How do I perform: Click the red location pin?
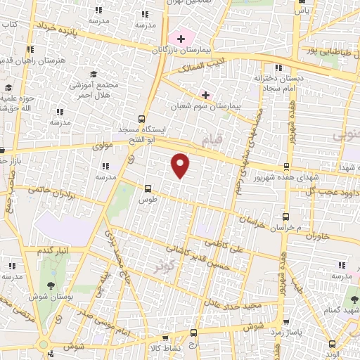tap(181, 165)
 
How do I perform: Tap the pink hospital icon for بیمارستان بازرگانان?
tap(181, 37)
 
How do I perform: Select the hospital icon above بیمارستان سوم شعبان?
tap(205, 94)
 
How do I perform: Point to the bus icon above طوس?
tap(148, 188)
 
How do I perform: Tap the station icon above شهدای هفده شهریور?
tap(285, 166)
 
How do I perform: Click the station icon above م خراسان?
tap(285, 217)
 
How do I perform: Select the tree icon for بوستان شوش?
tap(51, 285)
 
